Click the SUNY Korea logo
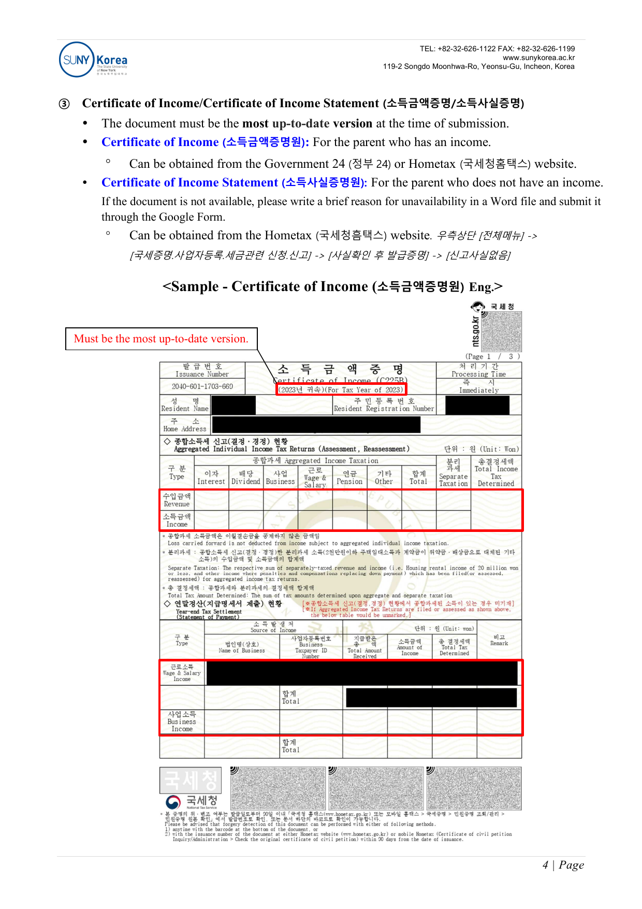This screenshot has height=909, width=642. tap(93, 60)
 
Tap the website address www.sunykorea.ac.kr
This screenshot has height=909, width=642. tap(538, 57)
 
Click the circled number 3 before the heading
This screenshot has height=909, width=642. tap(64, 104)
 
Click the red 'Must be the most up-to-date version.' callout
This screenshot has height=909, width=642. tap(161, 339)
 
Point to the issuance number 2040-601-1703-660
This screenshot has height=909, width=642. tap(202, 386)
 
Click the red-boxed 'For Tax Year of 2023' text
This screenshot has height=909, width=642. tap(341, 389)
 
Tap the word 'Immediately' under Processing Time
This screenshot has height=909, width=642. tap(479, 391)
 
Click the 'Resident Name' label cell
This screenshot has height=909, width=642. tap(185, 405)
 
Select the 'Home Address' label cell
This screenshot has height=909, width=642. tap(185, 425)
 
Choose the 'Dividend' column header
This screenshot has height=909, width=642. tap(246, 478)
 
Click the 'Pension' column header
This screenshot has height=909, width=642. tap(349, 478)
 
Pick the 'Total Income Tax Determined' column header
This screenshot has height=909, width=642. tap(496, 472)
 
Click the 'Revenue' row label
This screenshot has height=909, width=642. tap(177, 500)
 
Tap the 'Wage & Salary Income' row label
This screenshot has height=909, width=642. tap(182, 672)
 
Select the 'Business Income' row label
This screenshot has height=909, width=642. tap(182, 721)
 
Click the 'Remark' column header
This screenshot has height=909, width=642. tap(499, 640)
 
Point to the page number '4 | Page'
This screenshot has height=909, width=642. tap(563, 865)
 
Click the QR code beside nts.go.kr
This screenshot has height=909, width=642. tap(501, 331)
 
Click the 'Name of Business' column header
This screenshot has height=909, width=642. tap(242, 647)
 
